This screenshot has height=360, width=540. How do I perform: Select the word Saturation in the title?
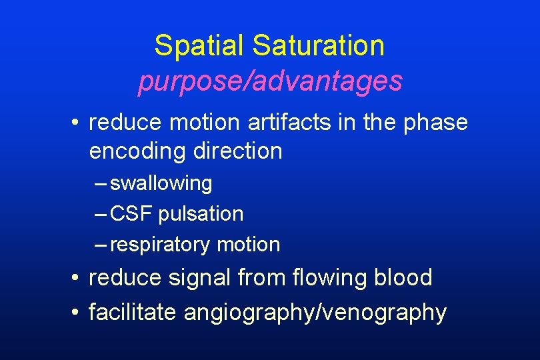click(x=319, y=46)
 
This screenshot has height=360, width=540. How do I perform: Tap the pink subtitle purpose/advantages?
click(x=270, y=81)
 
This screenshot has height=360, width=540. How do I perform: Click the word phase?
click(x=435, y=123)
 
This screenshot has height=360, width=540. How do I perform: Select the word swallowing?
click(x=161, y=183)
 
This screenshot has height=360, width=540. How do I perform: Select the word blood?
click(x=402, y=277)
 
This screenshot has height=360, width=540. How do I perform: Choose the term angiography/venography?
click(x=315, y=313)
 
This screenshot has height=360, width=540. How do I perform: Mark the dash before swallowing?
click(x=101, y=183)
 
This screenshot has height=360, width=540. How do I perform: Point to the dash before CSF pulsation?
click(x=101, y=214)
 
